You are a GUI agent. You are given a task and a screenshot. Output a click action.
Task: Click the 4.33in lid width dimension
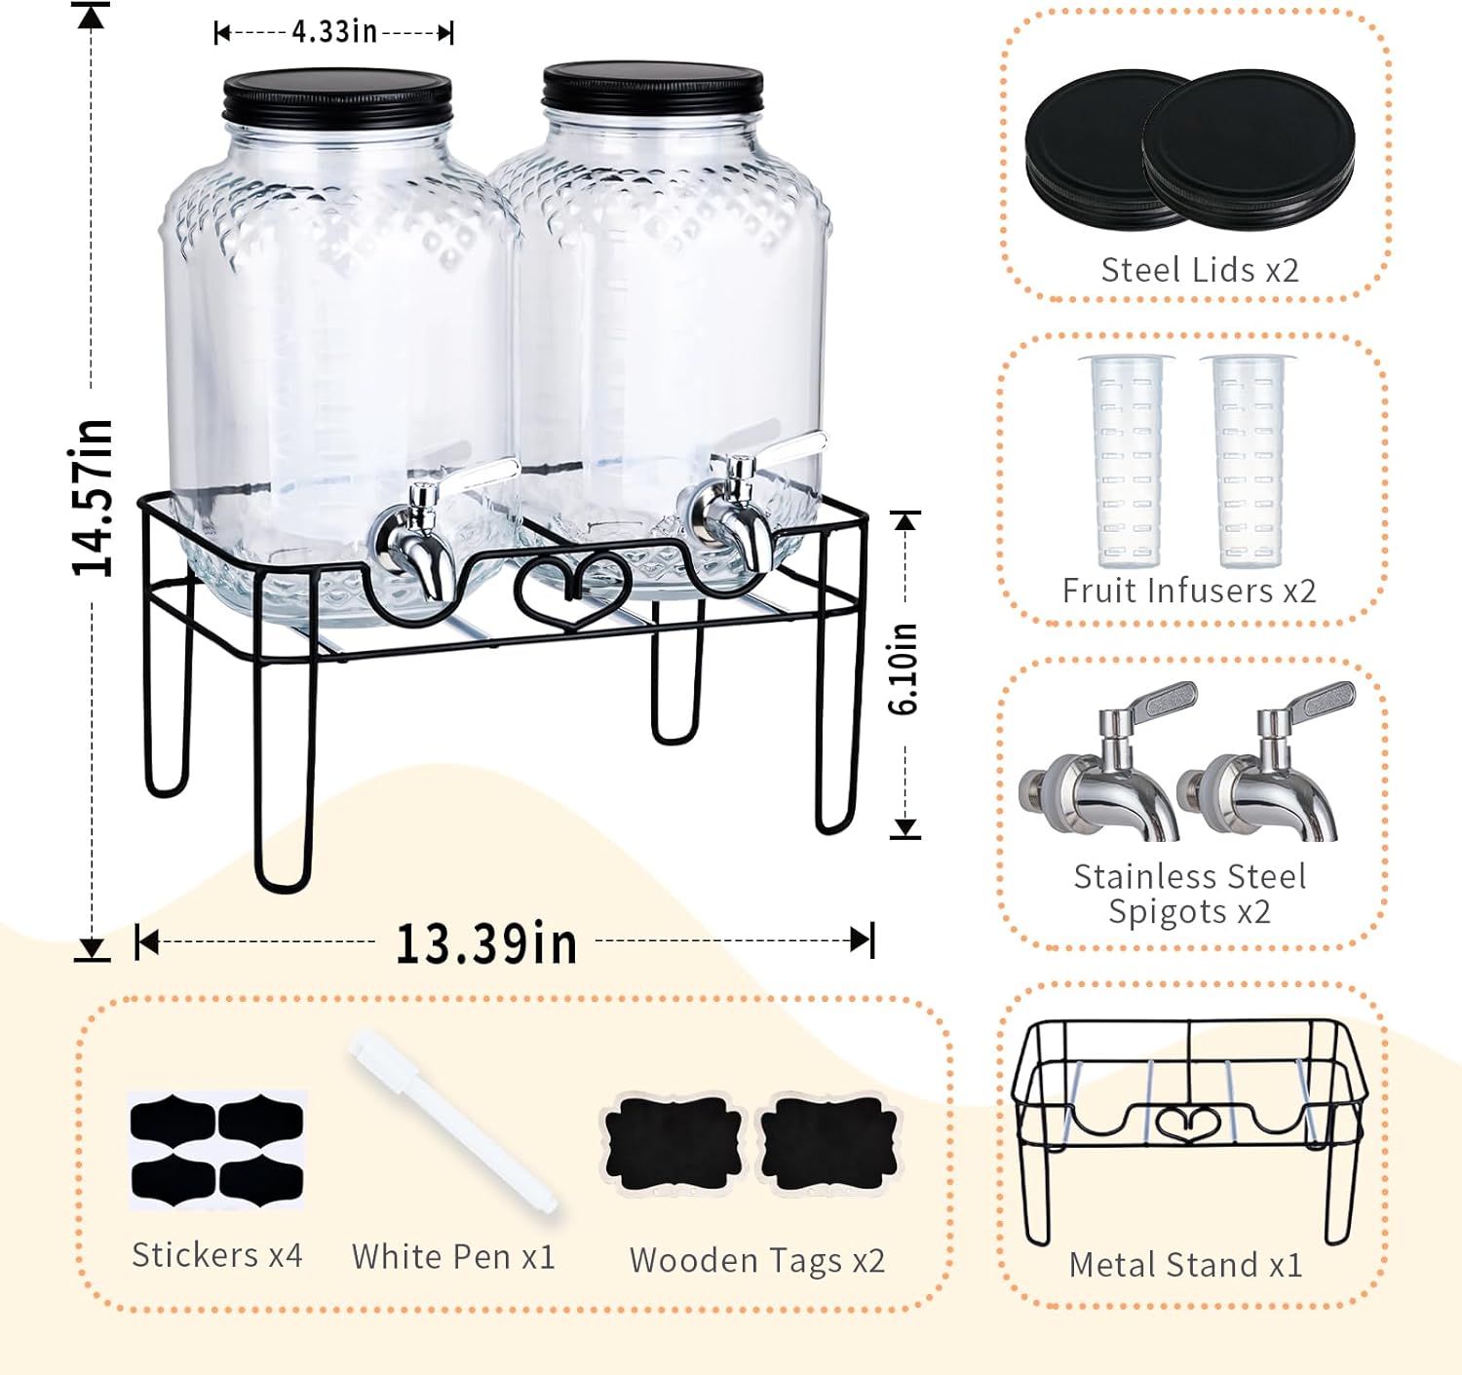coord(333,31)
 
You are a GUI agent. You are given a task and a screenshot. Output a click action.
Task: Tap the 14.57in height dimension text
coord(93,497)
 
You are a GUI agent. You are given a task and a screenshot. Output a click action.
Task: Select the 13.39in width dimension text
coord(485,943)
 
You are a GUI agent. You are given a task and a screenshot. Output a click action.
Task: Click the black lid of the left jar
coord(337,95)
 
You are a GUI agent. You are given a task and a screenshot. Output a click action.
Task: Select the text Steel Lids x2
coord(1199,270)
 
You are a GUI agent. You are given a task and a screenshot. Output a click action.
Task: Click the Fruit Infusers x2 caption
coord(1189,591)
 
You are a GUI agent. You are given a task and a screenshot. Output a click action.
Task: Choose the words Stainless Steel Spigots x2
coord(1189,894)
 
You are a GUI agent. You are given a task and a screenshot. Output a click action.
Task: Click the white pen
coord(453,1121)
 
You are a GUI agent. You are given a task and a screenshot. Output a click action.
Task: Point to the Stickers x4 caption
coord(216,1255)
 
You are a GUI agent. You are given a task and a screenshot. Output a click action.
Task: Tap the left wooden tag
coord(672,1141)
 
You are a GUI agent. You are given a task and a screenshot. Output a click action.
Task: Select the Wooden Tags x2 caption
coord(757,1260)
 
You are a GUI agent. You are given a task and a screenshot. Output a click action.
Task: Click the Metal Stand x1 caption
coord(1185,1265)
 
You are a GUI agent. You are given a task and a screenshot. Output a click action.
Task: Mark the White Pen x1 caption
coord(453,1257)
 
